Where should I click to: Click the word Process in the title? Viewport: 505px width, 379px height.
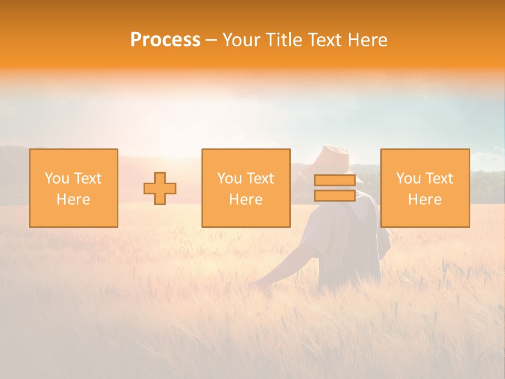point(165,40)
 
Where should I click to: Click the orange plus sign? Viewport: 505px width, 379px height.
point(160,188)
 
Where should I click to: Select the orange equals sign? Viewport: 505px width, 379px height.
point(335,188)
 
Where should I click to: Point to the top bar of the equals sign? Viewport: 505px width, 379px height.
point(335,181)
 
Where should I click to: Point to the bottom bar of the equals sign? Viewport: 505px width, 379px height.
point(335,195)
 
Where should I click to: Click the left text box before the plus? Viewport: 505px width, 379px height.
point(74,188)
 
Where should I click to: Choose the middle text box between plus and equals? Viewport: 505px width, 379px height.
point(246,188)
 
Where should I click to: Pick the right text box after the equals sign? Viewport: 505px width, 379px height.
point(425,188)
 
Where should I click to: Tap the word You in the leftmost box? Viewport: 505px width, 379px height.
point(56,178)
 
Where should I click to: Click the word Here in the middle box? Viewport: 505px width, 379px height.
point(246,200)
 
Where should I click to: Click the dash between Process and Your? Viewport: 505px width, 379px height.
point(211,40)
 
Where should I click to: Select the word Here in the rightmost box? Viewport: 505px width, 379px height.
point(425,200)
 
